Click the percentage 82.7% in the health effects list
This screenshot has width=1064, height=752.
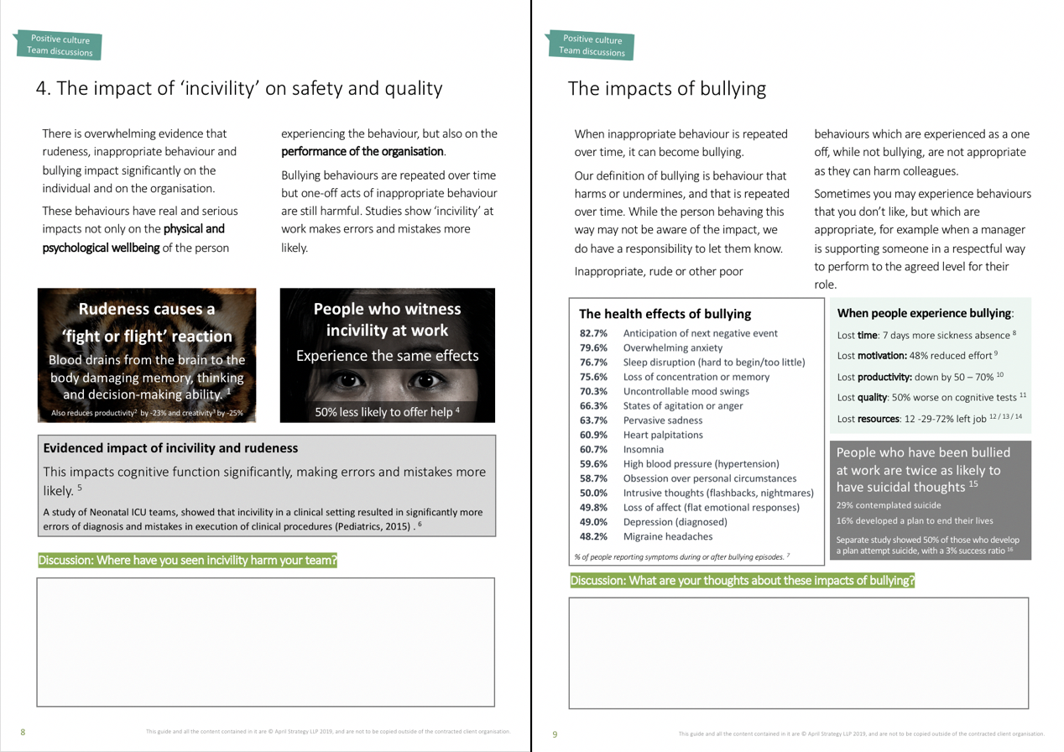coord(593,333)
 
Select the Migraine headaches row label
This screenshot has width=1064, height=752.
coord(668,536)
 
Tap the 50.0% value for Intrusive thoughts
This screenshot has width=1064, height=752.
coord(593,493)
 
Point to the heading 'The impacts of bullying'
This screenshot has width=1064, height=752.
coord(666,88)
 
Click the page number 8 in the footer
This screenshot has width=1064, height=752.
coord(23,732)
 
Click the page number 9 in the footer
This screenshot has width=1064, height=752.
coord(555,734)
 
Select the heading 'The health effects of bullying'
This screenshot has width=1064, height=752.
coord(665,314)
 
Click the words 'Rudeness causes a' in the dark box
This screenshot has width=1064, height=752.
coord(147,309)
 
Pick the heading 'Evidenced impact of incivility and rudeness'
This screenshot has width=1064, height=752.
coord(170,448)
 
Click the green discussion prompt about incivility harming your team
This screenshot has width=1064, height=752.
coord(188,561)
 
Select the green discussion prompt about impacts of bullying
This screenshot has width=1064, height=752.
coord(742,581)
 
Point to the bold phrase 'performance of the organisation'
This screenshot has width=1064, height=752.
coord(362,151)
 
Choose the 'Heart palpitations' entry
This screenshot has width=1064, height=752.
coord(663,435)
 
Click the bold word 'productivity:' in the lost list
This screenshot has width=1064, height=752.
coord(877,376)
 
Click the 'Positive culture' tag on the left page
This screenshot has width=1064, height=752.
coord(60,39)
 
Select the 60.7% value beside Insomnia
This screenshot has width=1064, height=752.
coord(593,449)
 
